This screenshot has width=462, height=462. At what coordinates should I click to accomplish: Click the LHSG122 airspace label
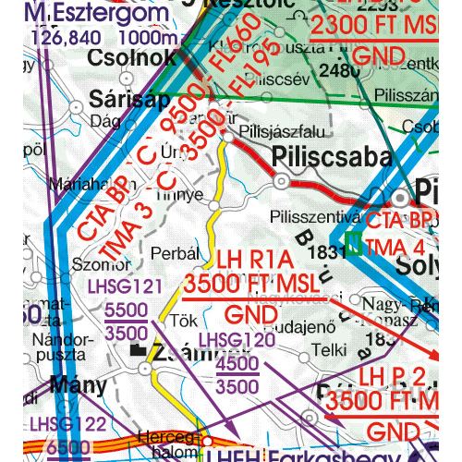coord(69,424)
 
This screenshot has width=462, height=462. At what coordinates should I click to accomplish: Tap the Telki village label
coord(329,350)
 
